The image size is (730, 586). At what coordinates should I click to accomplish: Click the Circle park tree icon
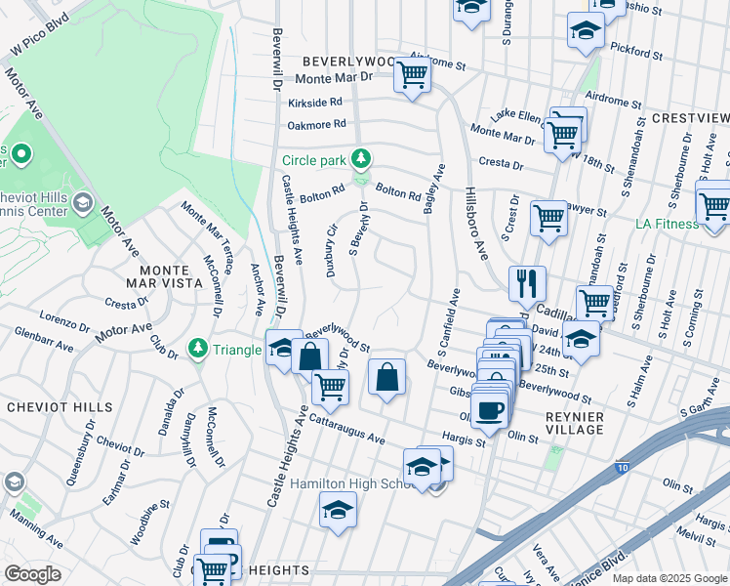(362, 158)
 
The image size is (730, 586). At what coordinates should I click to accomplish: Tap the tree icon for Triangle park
(198, 349)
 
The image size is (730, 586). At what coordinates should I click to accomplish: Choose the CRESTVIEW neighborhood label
(689, 117)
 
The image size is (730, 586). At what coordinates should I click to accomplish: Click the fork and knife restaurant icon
(527, 284)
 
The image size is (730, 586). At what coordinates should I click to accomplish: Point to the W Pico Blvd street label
(40, 34)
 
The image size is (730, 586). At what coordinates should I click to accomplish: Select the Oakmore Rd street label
(316, 124)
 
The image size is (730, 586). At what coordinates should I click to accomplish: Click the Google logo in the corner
(33, 574)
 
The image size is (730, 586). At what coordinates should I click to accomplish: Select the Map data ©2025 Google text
(669, 578)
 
